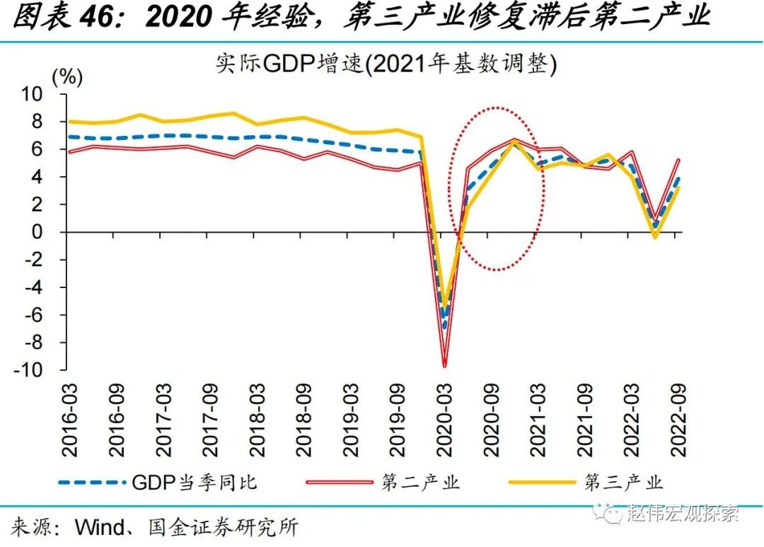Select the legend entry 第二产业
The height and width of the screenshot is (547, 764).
[x=421, y=483]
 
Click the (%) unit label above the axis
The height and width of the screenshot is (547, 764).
[x=68, y=77]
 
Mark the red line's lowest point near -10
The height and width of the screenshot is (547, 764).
[x=444, y=366]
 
